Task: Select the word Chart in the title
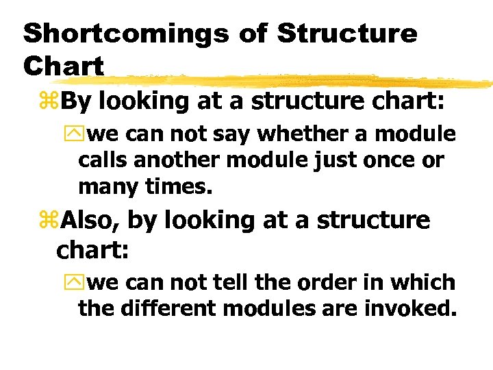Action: [63, 66]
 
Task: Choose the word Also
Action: [89, 221]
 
